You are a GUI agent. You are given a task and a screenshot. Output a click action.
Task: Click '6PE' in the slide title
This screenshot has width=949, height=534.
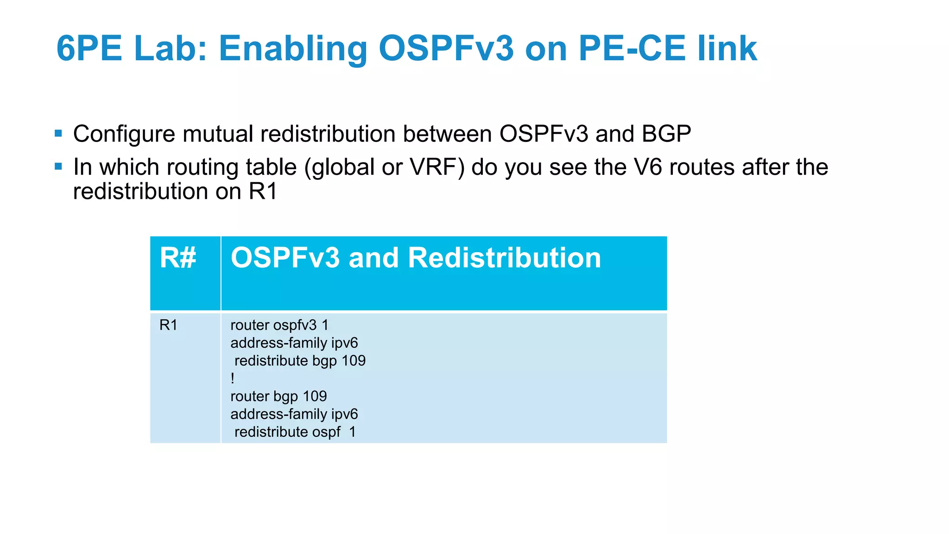[x=89, y=48]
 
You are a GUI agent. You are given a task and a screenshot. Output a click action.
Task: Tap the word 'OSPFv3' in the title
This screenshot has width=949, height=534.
[x=446, y=48]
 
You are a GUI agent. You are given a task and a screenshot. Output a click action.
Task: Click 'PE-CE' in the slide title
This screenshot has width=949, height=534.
[x=632, y=48]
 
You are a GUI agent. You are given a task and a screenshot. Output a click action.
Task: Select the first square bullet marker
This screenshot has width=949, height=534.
[x=58, y=133]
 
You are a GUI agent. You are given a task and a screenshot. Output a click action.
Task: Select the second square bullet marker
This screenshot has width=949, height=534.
[x=58, y=166]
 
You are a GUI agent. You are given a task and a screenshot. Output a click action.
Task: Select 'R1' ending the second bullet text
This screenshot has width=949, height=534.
[x=263, y=191]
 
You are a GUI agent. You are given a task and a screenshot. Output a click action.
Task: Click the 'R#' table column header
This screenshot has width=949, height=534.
[x=178, y=258]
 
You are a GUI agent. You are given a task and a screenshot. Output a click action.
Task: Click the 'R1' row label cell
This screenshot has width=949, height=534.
[x=168, y=325]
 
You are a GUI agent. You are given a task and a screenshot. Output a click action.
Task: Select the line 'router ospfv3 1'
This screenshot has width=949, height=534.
[x=279, y=325]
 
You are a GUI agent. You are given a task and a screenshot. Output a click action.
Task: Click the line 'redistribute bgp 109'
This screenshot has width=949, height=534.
[x=300, y=361]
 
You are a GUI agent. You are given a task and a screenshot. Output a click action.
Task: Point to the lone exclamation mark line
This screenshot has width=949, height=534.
[x=233, y=379]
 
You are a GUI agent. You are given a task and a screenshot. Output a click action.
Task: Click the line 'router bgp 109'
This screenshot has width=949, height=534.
[x=278, y=396]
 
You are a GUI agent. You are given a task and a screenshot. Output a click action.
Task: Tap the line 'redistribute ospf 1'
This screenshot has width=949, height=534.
[x=295, y=432]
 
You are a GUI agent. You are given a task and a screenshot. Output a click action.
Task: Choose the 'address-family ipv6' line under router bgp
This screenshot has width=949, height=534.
[x=294, y=414]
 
